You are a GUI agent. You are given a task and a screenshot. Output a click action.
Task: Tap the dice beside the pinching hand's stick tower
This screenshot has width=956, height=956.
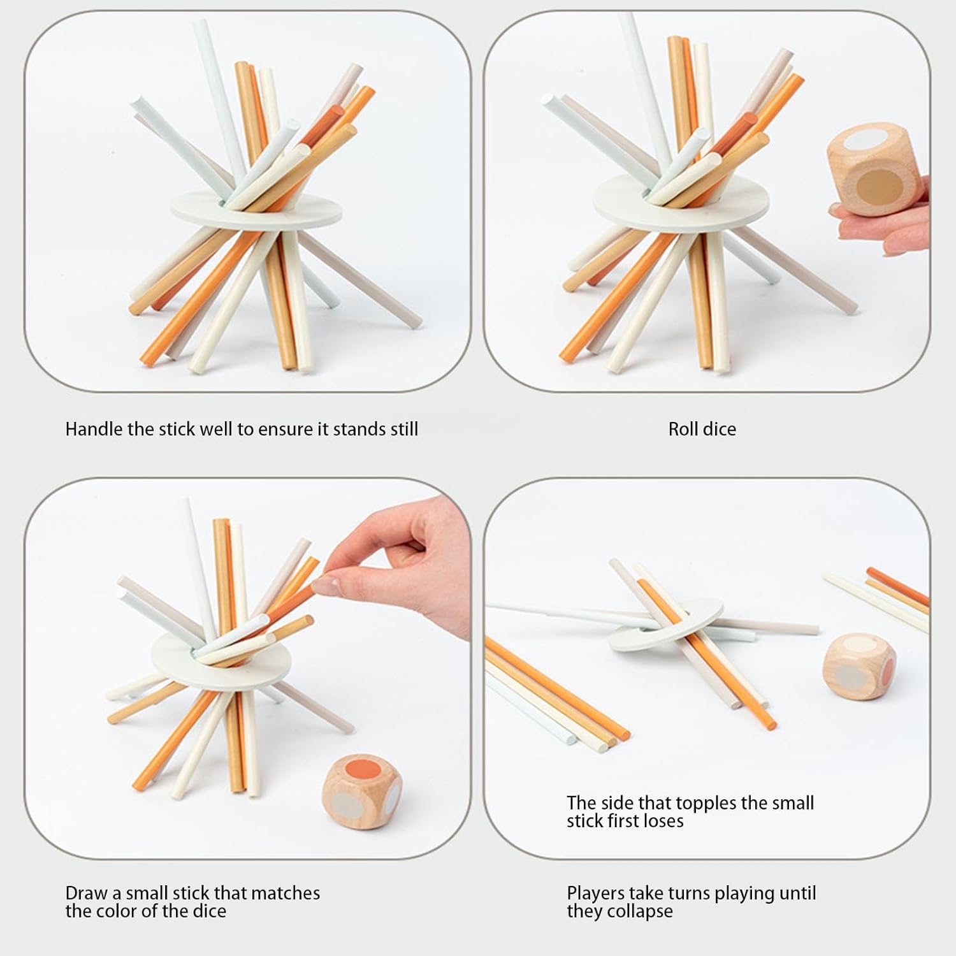point(361,791)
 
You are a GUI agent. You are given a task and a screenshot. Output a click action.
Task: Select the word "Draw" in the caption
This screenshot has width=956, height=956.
point(87,893)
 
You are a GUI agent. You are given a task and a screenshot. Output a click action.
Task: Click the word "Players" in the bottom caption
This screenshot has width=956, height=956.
point(596,894)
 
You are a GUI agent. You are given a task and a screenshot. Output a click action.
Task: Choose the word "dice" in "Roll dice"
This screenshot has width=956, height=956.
point(720,429)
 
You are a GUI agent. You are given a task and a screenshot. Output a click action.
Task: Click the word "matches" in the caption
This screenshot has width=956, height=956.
point(285,893)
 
